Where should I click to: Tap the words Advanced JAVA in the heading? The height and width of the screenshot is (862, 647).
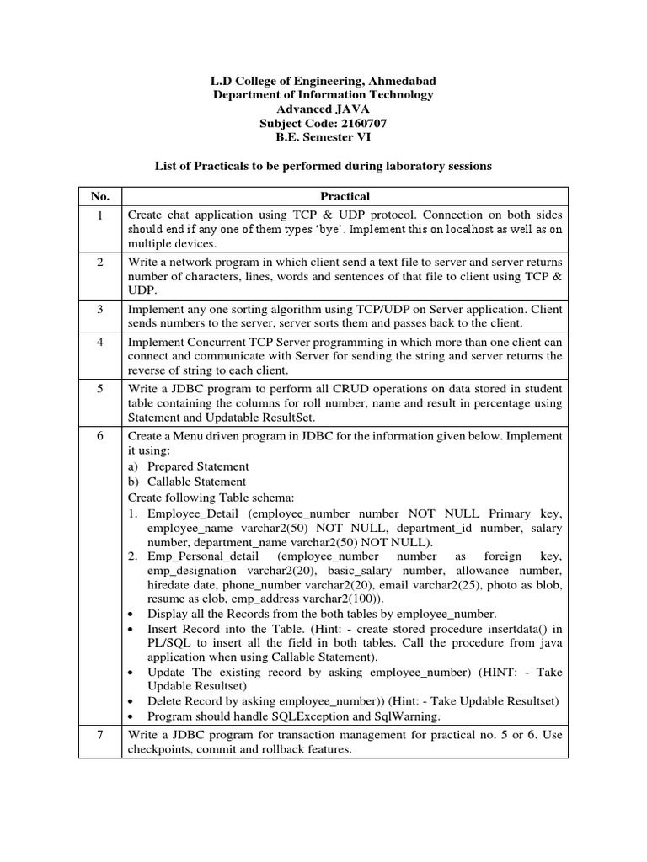(323, 109)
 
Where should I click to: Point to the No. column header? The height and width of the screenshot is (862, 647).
(100, 196)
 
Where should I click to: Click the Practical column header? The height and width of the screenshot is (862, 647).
(345, 196)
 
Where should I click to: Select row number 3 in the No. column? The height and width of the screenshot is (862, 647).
(100, 310)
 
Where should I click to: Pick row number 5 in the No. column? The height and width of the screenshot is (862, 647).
(100, 388)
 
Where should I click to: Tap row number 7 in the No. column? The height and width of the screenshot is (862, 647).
(100, 735)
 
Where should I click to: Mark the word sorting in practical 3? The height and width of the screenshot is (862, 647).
(242, 310)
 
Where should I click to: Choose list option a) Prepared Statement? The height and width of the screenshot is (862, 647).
(189, 466)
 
